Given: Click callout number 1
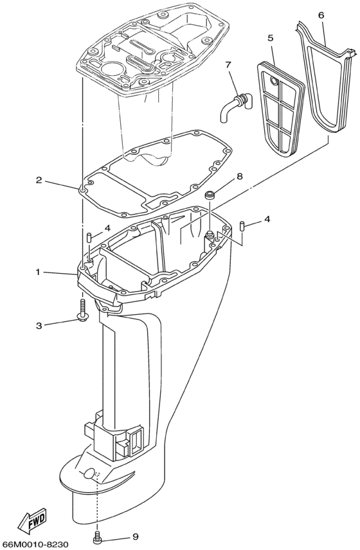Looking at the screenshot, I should tap(38, 272).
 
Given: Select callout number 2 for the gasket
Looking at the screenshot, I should tap(39, 181).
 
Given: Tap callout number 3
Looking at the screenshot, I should tap(39, 326).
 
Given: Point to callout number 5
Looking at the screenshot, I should tap(271, 38).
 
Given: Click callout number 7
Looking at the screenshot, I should tap(228, 64).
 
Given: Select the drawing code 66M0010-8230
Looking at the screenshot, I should tap(42, 544).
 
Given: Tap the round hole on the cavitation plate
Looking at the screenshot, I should tap(87, 475).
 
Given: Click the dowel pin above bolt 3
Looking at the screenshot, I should tap(87, 238).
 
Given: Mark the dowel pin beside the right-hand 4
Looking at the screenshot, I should tap(243, 226).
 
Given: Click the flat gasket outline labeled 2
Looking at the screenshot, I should tap(154, 193).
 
